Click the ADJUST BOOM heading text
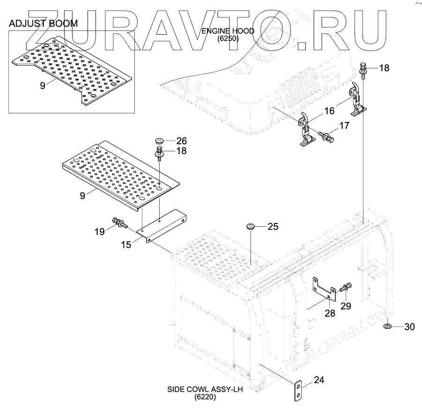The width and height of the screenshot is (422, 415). tap(43, 23)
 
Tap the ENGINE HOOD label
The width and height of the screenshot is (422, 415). tap(228, 31)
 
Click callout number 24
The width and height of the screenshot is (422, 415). tap(318, 380)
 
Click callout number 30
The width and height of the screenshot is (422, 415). tap(409, 327)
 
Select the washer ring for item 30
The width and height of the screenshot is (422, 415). tap(388, 326)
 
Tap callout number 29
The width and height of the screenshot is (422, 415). tap(345, 306)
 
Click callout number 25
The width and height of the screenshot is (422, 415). tap(273, 226)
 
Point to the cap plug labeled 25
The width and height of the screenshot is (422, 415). tap(251, 228)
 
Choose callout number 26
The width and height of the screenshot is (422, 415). tap(181, 140)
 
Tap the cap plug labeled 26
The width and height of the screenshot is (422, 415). tap(159, 140)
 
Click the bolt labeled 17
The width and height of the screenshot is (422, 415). tap(326, 136)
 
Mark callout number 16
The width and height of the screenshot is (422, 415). tap(329, 111)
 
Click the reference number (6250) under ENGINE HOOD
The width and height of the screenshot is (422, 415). tap(228, 39)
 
